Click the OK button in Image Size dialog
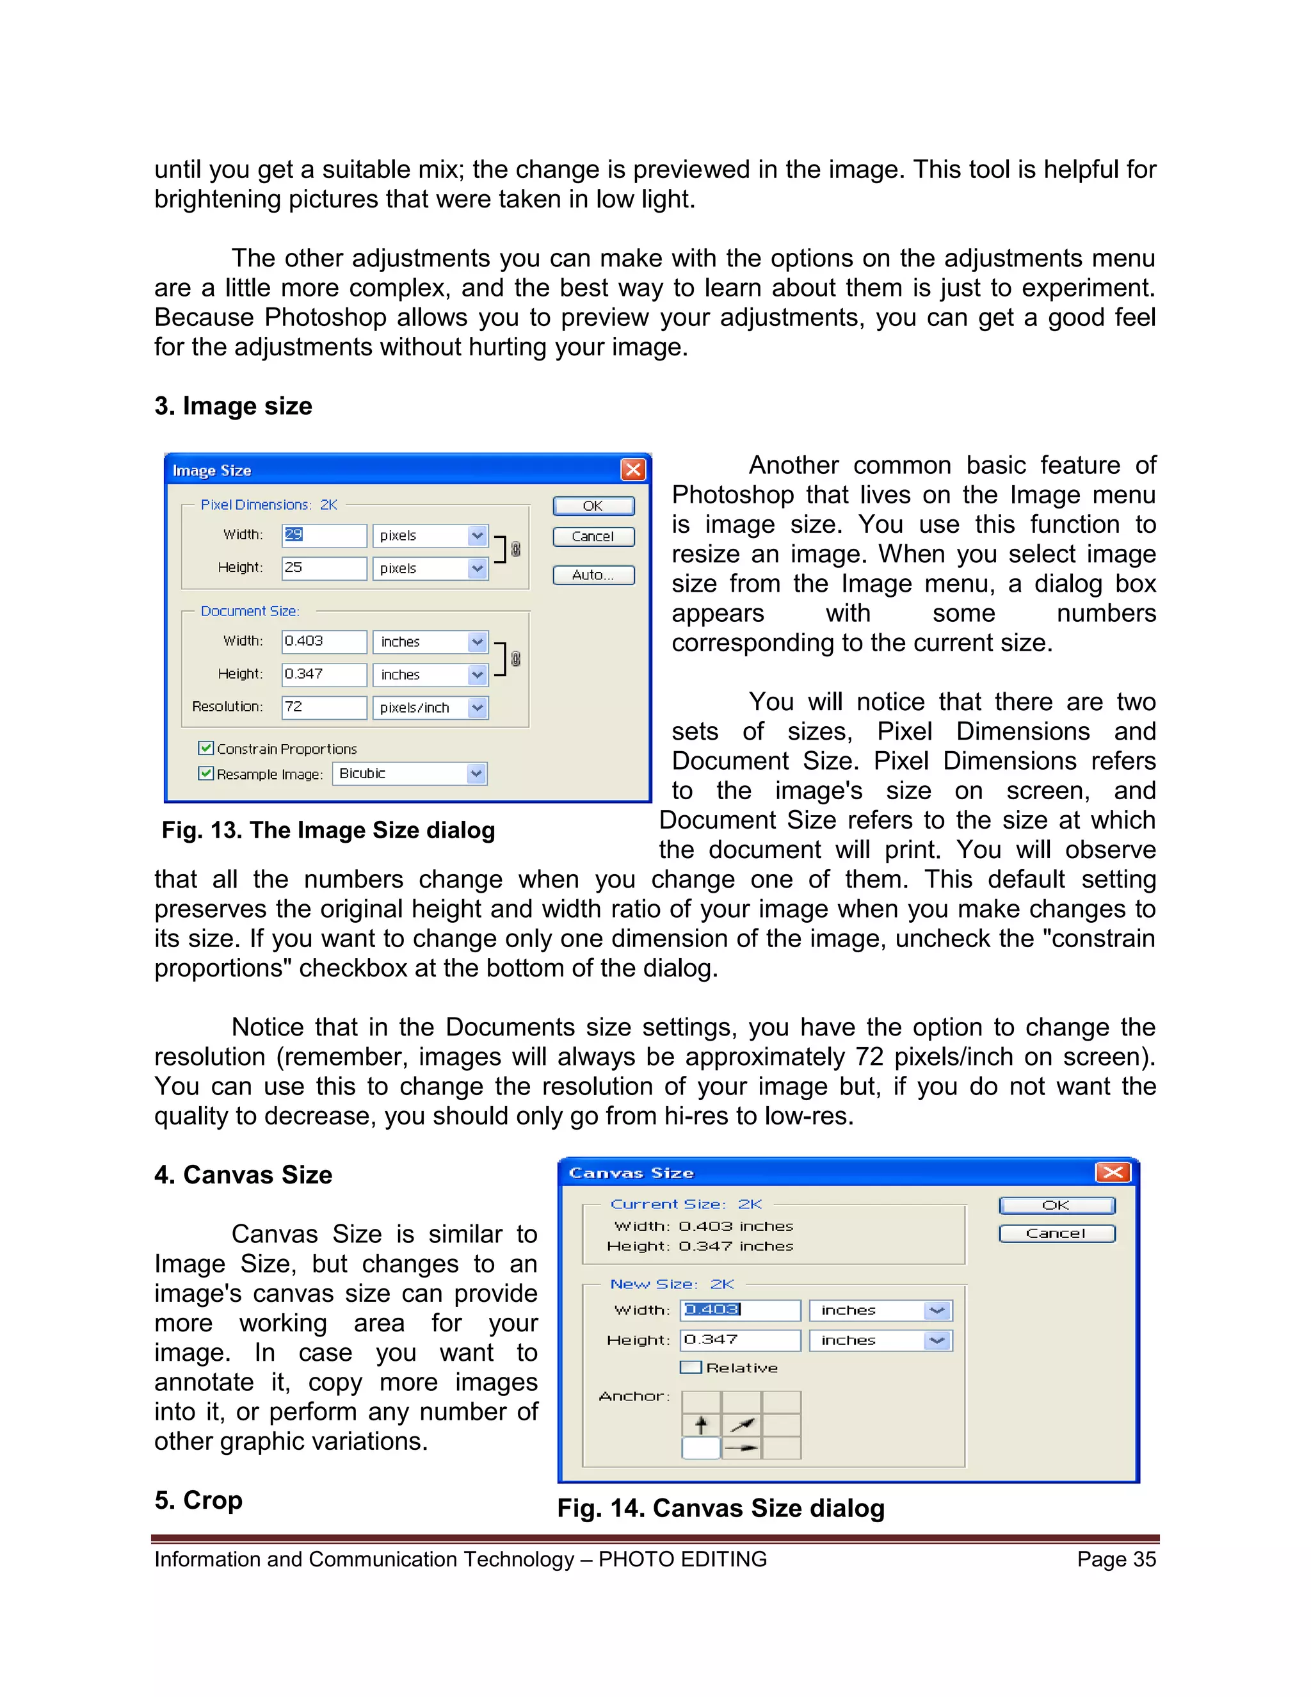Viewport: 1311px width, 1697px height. coord(593,506)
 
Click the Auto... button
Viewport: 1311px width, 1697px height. coord(593,575)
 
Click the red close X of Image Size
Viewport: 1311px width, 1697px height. coord(633,469)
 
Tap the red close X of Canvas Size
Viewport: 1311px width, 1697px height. coord(1112,1172)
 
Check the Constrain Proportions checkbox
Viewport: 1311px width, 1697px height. coord(206,748)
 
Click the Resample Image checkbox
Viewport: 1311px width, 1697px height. coord(206,773)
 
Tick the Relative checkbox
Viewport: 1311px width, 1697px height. coord(691,1368)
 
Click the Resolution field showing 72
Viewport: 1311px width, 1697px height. coord(323,707)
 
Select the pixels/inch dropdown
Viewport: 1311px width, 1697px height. coord(430,708)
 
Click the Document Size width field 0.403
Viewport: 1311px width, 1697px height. coord(323,641)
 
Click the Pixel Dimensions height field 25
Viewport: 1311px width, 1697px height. coord(323,568)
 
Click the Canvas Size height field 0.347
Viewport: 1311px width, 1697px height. coord(740,1340)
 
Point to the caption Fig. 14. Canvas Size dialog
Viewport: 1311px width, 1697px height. coord(720,1508)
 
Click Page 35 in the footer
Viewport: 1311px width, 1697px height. coord(1116,1559)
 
